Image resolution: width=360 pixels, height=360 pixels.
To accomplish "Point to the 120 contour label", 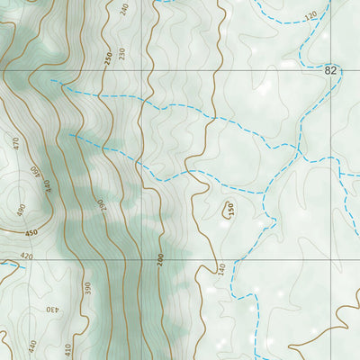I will click(311, 16).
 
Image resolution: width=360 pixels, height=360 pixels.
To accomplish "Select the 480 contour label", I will click(20, 210).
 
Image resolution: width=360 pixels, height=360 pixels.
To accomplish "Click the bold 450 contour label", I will click(32, 234).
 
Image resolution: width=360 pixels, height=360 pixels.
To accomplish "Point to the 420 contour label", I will click(25, 256).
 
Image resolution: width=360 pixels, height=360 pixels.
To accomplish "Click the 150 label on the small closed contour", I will click(230, 209).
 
